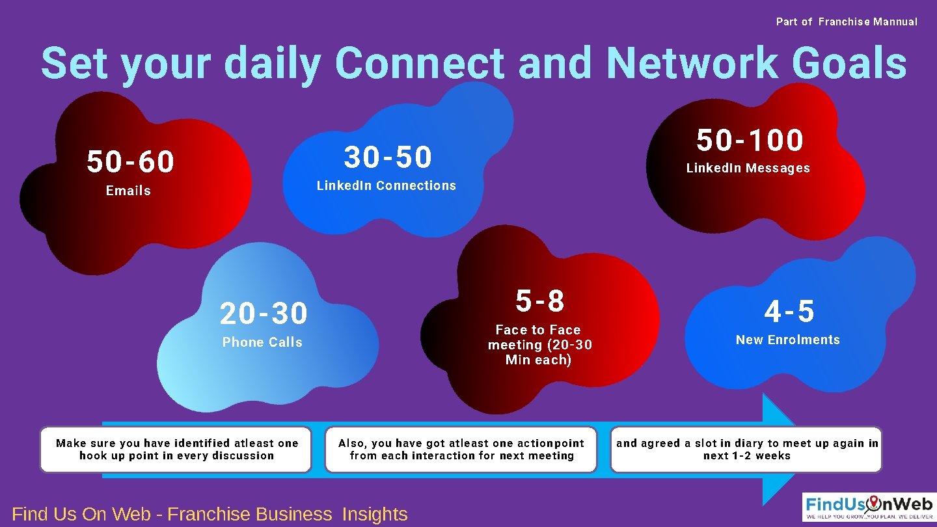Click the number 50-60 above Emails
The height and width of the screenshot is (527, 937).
click(131, 162)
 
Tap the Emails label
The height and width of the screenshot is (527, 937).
click(128, 191)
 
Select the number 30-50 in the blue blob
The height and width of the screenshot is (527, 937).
click(388, 157)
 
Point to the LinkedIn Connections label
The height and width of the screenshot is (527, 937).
click(387, 185)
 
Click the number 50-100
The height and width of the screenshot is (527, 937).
click(750, 140)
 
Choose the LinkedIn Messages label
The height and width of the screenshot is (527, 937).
click(748, 168)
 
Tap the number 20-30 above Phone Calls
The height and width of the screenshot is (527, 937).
click(264, 314)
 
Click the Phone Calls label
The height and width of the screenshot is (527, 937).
click(262, 342)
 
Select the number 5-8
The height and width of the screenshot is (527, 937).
click(540, 301)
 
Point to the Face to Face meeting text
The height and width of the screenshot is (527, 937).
click(539, 345)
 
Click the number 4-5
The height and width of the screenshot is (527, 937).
click(789, 312)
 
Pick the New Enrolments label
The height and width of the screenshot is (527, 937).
click(788, 340)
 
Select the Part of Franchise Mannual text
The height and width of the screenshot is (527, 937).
click(847, 21)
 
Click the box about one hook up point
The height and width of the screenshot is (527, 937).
click(176, 450)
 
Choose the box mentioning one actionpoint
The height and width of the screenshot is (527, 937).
click(461, 450)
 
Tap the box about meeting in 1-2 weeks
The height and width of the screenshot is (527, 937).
click(746, 450)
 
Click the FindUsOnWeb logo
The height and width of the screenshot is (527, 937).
click(869, 506)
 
